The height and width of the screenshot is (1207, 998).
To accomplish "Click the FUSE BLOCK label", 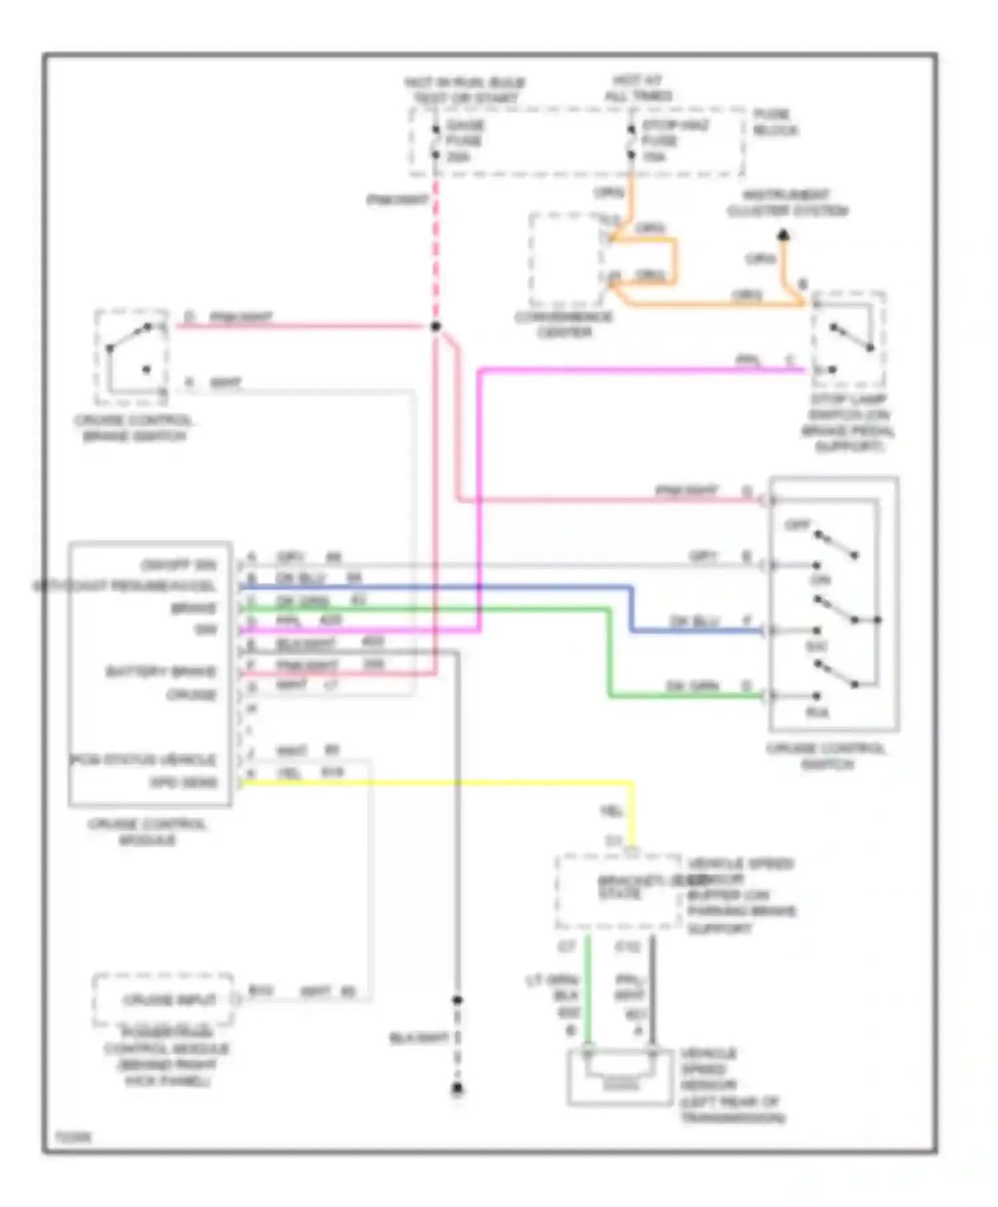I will click(x=774, y=122).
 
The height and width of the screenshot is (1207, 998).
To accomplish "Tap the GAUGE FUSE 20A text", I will click(x=464, y=141).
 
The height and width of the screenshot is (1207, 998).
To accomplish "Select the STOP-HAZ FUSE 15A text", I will click(x=673, y=141).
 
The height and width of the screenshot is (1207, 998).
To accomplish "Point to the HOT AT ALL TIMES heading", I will click(x=637, y=88).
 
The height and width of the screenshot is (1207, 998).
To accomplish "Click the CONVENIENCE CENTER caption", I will click(x=564, y=324).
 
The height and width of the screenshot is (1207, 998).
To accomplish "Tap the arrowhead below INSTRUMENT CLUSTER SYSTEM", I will click(x=784, y=235).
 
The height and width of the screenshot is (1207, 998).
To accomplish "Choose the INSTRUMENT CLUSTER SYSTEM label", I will click(x=786, y=203).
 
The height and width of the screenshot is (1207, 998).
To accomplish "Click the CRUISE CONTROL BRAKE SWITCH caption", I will click(x=133, y=429).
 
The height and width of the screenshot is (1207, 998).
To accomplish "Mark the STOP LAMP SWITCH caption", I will click(x=848, y=423).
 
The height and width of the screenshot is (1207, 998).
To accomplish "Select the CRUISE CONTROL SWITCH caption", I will click(x=826, y=757).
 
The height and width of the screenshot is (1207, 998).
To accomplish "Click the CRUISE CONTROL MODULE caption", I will click(x=147, y=832).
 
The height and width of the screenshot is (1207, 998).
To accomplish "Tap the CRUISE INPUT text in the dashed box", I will click(x=169, y=1000).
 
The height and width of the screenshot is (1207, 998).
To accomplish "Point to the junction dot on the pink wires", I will click(x=435, y=327).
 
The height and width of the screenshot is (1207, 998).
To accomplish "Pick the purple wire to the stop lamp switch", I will click(x=639, y=370).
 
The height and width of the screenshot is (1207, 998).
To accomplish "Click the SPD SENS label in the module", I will click(x=184, y=782).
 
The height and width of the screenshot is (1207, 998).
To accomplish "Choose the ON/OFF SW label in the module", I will click(x=178, y=566).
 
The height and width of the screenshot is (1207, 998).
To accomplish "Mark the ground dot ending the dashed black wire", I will click(x=457, y=1089).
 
